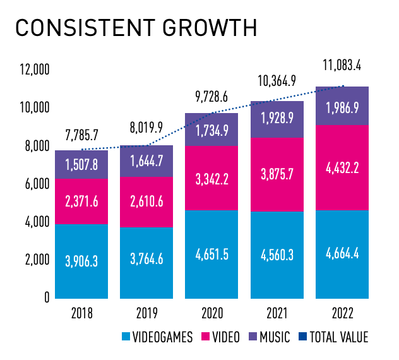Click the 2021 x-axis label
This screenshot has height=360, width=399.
click(x=276, y=313)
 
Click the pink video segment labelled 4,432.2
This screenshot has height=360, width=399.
click(x=342, y=168)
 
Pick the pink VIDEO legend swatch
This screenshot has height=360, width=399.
click(x=205, y=337)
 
